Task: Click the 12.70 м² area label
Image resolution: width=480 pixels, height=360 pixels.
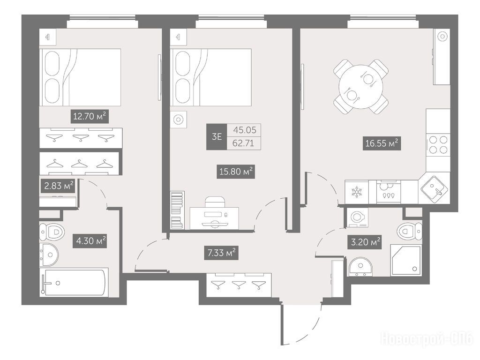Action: click(x=90, y=116)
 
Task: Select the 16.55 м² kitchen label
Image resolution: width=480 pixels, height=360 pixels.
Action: click(x=382, y=143)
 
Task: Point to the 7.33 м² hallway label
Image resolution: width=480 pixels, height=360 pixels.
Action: click(x=221, y=253)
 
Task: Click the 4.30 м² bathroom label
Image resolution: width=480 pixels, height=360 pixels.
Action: click(x=90, y=241)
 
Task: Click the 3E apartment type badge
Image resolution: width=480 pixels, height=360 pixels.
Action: click(x=217, y=136)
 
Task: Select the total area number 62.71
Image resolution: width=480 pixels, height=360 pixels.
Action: click(x=244, y=143)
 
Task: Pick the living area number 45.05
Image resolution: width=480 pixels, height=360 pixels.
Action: click(x=244, y=130)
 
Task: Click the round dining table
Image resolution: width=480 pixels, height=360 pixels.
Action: click(x=361, y=87)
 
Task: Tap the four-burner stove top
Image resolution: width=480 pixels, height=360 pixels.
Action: click(x=438, y=145)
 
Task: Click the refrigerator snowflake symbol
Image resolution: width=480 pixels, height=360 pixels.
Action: click(x=357, y=192)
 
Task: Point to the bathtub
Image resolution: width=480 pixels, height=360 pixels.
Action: click(x=74, y=282)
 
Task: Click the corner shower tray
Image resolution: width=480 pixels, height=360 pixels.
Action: click(x=406, y=259)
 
